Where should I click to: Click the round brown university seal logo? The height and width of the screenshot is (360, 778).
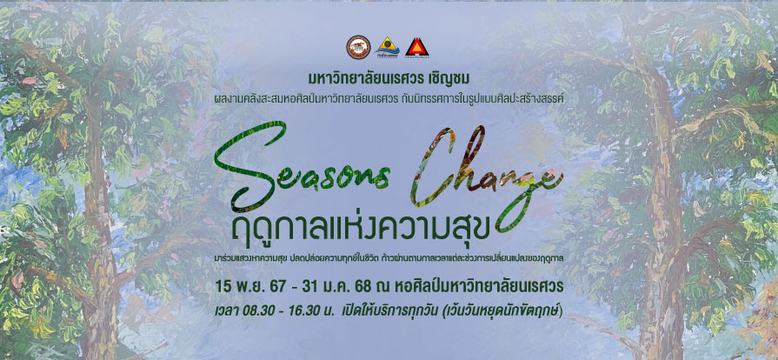[x=358, y=47]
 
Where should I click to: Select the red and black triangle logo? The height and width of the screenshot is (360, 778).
[x=416, y=47]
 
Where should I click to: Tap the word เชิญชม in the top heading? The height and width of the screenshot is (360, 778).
[x=450, y=79]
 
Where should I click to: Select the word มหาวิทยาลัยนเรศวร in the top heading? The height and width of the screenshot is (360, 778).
[x=366, y=79]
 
